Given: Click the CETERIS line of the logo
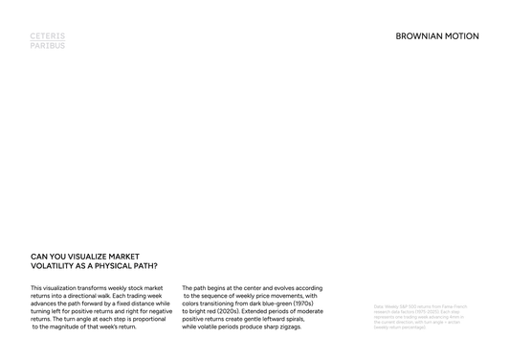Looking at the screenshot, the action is pyautogui.click(x=48, y=35).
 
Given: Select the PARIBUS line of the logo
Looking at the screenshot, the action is pyautogui.click(x=48, y=45).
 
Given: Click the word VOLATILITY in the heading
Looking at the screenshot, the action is pyautogui.click(x=53, y=265).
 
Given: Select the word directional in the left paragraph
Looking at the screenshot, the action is pyautogui.click(x=86, y=296).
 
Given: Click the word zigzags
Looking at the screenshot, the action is pyautogui.click(x=288, y=326).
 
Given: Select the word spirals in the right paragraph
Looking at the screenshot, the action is pyautogui.click(x=310, y=319).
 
